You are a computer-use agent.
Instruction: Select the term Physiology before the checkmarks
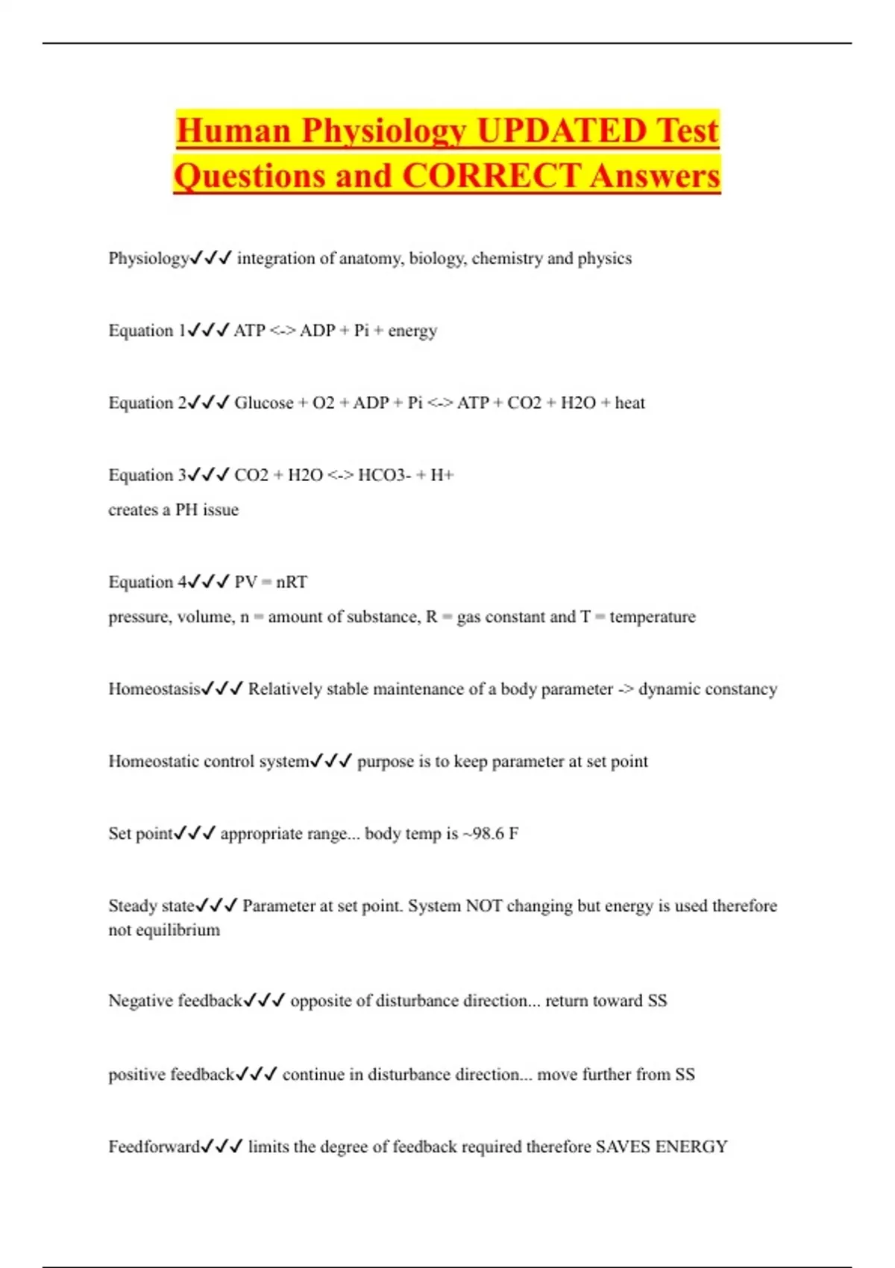pyautogui.click(x=148, y=259)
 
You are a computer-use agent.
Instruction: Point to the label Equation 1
pyautogui.click(x=146, y=330)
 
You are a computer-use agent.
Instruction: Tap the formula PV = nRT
pyautogui.click(x=271, y=582)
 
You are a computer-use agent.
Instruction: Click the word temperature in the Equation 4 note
pyautogui.click(x=653, y=617)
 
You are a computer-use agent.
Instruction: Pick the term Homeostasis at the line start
pyautogui.click(x=154, y=689)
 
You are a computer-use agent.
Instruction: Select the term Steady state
pyautogui.click(x=151, y=906)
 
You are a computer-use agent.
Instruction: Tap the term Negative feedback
pyautogui.click(x=175, y=1001)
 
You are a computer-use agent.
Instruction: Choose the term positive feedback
pyautogui.click(x=172, y=1075)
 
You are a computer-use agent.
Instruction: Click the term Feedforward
pyautogui.click(x=154, y=1147)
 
